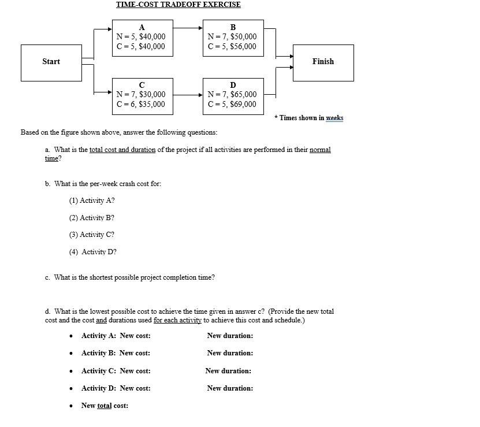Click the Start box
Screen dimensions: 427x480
(51, 62)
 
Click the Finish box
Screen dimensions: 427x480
(323, 62)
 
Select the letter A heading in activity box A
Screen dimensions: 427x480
(142, 27)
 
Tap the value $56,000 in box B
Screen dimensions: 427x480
(243, 46)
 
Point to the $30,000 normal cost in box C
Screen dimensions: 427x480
(152, 94)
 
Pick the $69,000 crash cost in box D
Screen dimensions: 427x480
(243, 104)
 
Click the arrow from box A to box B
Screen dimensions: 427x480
(188, 27)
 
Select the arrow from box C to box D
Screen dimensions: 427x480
(188, 95)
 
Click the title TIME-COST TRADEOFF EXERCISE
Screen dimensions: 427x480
(178, 5)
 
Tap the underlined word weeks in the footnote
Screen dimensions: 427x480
(334, 118)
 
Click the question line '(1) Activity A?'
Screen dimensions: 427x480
(92, 200)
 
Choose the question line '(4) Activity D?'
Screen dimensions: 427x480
(93, 252)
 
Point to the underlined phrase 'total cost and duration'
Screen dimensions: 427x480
(122, 150)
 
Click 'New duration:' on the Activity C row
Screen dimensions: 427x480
(228, 371)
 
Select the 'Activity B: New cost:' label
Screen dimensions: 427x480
(116, 353)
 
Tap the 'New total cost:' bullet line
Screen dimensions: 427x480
(105, 406)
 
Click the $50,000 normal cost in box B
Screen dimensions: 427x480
(243, 36)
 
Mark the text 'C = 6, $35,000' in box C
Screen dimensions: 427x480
(140, 104)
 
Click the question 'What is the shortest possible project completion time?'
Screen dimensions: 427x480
(134, 277)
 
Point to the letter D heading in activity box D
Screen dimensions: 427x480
(233, 86)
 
